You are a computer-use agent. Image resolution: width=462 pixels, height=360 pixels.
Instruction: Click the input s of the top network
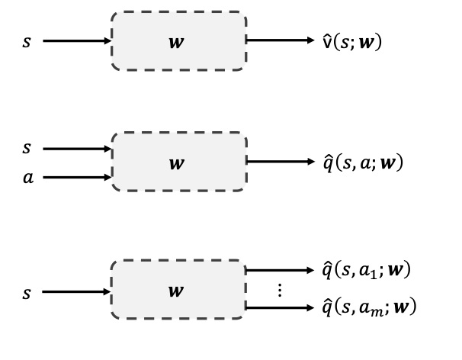click(x=27, y=41)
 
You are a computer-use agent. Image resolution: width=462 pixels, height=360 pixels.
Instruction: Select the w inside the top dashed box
click(x=177, y=41)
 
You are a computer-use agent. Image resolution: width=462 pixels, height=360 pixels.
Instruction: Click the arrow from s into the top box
click(x=77, y=41)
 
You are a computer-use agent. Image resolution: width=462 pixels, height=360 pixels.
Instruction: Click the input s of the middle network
click(x=27, y=148)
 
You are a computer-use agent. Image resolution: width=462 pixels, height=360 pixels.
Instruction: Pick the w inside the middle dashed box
click(x=177, y=162)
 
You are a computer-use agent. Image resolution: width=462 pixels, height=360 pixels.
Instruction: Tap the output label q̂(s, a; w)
click(x=363, y=162)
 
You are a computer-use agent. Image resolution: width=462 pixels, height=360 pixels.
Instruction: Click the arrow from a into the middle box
click(x=77, y=178)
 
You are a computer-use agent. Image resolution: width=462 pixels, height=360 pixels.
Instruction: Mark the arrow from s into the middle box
click(x=77, y=148)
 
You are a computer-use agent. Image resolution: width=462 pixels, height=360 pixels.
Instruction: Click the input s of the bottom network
click(x=27, y=292)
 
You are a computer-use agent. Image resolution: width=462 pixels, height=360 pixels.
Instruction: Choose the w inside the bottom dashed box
click(x=177, y=291)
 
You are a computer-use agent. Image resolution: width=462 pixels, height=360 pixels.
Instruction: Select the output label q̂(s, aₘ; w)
click(x=368, y=307)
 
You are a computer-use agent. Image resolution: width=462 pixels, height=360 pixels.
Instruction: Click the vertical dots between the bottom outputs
click(x=279, y=290)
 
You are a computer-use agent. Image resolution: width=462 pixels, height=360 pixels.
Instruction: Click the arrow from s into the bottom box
click(x=77, y=291)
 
